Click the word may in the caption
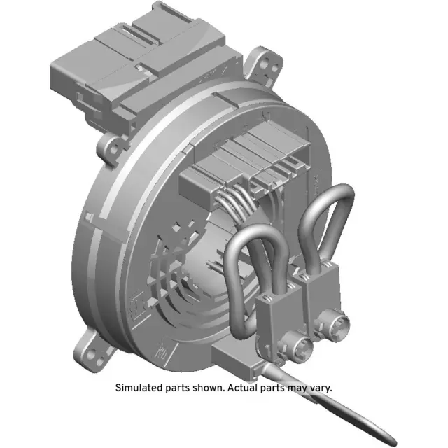click(293, 387)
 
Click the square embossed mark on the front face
click(137, 300)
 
